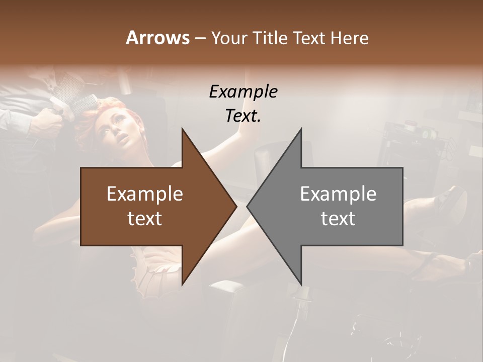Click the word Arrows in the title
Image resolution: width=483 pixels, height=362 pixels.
(x=157, y=38)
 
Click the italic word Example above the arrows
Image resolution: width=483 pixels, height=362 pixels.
(x=243, y=92)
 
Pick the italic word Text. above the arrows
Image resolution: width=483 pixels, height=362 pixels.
(x=243, y=116)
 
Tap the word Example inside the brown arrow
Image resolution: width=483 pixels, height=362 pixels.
(x=145, y=194)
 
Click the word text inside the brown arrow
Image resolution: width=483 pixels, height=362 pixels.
(x=145, y=219)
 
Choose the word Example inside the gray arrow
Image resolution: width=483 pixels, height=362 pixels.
(x=338, y=194)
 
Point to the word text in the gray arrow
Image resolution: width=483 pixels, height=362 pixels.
(x=338, y=219)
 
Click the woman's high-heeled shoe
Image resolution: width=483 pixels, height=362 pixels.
(x=450, y=201)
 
